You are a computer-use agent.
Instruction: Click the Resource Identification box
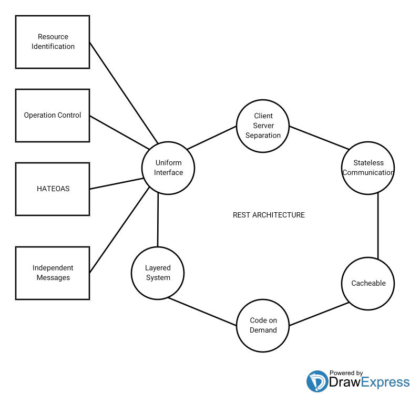click(53, 42)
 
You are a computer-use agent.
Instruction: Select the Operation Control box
click(53, 115)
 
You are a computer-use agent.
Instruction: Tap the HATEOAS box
click(53, 189)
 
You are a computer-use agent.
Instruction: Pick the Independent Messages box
click(53, 273)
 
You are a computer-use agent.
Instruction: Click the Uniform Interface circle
click(168, 168)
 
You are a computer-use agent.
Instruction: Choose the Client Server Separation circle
click(263, 126)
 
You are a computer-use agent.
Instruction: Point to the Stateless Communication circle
click(368, 168)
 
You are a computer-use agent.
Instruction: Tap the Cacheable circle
click(368, 283)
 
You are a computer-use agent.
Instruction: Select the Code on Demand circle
click(263, 325)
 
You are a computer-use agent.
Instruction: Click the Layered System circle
click(158, 273)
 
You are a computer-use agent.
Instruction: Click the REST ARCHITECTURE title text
click(269, 215)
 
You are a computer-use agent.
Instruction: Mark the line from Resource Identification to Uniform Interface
click(124, 92)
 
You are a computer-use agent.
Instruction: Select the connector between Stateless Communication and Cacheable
click(378, 226)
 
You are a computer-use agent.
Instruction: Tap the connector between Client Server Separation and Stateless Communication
click(319, 138)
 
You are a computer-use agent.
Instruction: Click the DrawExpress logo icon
click(317, 381)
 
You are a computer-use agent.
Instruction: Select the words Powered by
click(346, 373)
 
